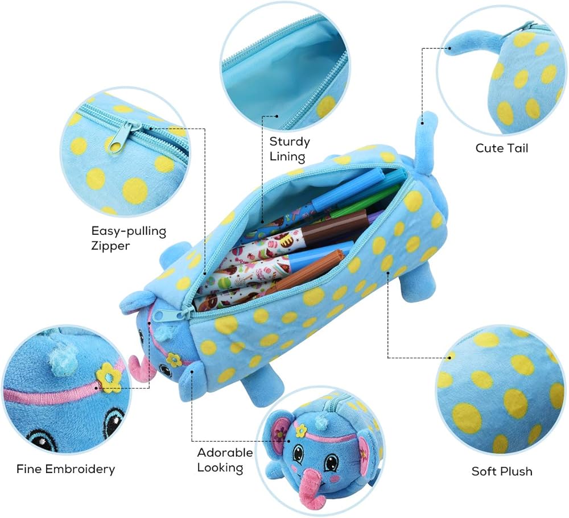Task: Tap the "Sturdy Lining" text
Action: [290, 148]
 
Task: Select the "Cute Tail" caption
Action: [502, 148]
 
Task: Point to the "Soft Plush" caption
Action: [502, 471]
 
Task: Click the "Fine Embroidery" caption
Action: [66, 469]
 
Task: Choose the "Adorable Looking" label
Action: [225, 460]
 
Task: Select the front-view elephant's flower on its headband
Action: [301, 430]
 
